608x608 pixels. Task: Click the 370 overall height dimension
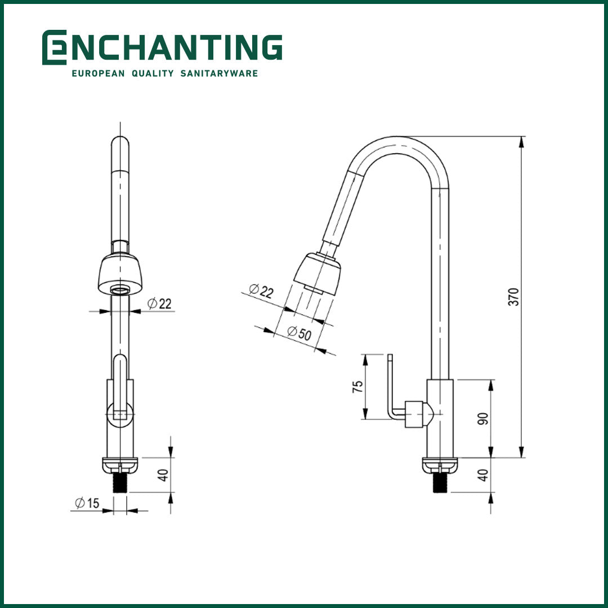tap(513, 297)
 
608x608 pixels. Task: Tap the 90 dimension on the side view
tap(482, 418)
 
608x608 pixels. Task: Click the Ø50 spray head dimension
tap(299, 332)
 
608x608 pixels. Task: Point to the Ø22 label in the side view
tap(261, 291)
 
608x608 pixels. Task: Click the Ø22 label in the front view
tap(159, 304)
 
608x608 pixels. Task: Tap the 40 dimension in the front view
tap(163, 475)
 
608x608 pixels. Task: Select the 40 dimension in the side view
tap(482, 475)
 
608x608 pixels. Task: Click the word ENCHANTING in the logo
tap(175, 47)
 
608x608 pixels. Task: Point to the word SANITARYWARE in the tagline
tap(219, 73)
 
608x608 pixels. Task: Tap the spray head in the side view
tap(319, 274)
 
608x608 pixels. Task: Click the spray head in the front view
tap(120, 274)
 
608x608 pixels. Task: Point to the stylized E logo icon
tap(53, 47)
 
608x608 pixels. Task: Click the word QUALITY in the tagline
tap(152, 73)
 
